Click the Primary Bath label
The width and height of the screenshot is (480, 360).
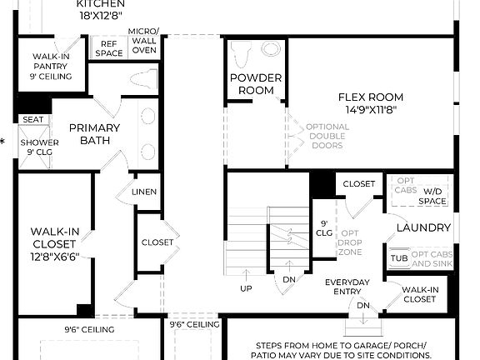tap(94, 134)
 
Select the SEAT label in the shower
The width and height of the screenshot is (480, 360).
tap(33, 119)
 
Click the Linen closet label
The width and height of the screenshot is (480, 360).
tap(144, 192)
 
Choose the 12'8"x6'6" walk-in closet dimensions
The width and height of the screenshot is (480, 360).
tap(53, 258)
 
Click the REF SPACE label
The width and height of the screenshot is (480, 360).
tap(109, 48)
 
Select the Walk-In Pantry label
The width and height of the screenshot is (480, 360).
tap(52, 67)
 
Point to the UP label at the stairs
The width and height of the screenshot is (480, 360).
tap(247, 287)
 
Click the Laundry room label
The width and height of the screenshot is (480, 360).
tap(423, 227)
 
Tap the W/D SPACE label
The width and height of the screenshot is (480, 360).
tap(432, 196)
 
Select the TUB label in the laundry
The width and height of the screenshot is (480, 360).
tap(399, 258)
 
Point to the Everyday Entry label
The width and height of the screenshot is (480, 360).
tap(347, 287)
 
